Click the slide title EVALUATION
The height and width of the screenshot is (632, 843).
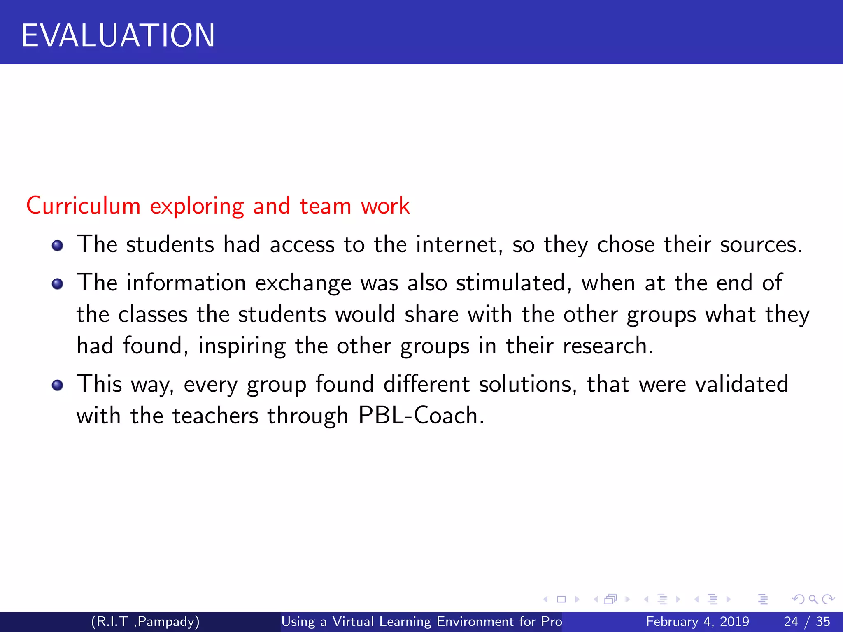click(x=118, y=36)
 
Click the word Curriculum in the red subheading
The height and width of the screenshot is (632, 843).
click(x=84, y=206)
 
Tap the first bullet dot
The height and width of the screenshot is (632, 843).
click(x=58, y=246)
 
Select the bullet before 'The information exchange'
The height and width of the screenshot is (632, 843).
click(x=58, y=284)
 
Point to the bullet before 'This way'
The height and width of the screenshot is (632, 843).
click(x=58, y=385)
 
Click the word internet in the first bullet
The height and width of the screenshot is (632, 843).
click(x=459, y=244)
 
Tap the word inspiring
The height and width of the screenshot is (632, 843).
click(x=242, y=346)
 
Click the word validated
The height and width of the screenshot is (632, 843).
click(x=741, y=384)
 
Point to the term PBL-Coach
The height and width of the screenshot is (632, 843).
click(x=421, y=415)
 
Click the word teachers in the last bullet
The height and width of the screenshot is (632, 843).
click(x=215, y=415)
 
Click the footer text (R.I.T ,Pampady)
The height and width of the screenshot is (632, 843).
click(x=145, y=621)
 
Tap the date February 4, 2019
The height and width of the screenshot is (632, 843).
click(x=697, y=621)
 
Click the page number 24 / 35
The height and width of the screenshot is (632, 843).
click(x=807, y=621)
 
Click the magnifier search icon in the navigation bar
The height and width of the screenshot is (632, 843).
click(x=813, y=599)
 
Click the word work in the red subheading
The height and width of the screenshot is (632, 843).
click(x=385, y=206)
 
